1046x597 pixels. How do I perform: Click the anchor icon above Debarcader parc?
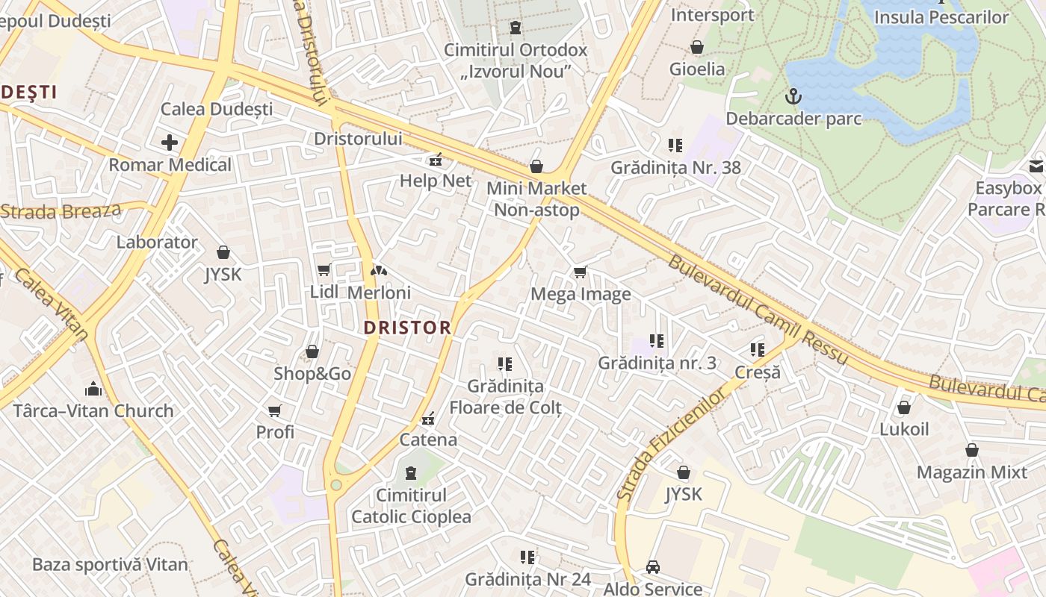793,96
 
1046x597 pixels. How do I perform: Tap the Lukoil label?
904,429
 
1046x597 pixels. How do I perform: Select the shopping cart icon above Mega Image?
580,272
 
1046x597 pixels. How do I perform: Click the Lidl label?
324,292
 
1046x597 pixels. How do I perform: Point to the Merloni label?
379,293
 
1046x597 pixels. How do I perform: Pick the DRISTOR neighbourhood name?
407,328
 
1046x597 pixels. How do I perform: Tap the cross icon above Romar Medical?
170,142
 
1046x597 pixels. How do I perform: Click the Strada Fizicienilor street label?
670,443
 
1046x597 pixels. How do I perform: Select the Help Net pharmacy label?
436,181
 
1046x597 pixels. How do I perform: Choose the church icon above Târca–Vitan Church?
93,389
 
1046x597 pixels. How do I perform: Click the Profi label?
275,432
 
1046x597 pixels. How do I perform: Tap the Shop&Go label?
312,373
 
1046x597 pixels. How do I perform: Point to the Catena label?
428,440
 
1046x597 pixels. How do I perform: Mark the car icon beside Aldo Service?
652,567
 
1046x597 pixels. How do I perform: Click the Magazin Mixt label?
972,472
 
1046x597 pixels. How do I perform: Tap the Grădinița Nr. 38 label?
675,167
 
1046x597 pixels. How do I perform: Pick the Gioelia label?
697,69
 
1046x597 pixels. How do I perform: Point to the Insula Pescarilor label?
941,16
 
